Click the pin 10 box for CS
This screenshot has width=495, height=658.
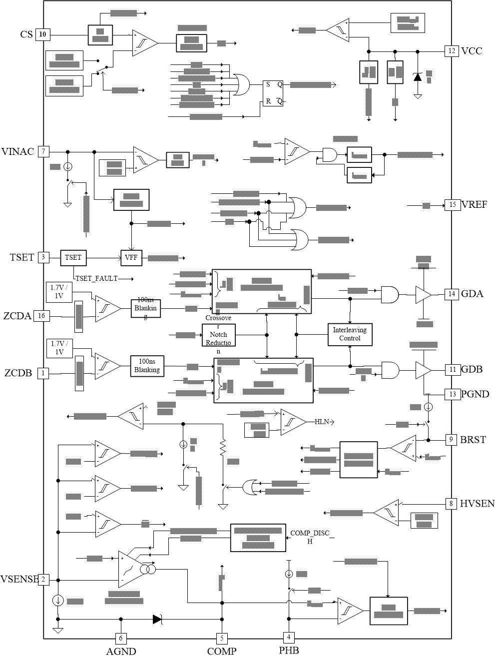click(43, 34)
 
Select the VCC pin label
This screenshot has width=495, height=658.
click(472, 51)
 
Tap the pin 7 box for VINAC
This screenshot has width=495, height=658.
click(43, 151)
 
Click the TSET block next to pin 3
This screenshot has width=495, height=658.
click(73, 258)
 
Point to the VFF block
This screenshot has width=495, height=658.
click(131, 258)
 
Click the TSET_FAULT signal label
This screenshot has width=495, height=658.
click(96, 278)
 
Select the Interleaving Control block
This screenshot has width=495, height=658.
click(350, 334)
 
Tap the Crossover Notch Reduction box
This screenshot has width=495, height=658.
click(218, 335)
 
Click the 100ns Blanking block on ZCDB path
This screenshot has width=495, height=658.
click(147, 366)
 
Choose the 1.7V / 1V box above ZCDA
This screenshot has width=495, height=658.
click(59, 291)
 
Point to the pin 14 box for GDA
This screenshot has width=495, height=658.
click(452, 294)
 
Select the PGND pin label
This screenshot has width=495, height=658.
click(475, 394)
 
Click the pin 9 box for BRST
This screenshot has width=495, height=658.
click(451, 440)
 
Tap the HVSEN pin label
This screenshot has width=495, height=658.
click(477, 504)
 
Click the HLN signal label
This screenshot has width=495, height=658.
click(322, 422)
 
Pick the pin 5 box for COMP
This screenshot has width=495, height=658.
click(222, 638)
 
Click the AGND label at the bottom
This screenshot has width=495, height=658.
click(121, 652)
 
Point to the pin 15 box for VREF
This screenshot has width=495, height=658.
click(452, 205)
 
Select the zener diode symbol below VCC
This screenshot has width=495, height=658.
click(418, 77)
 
